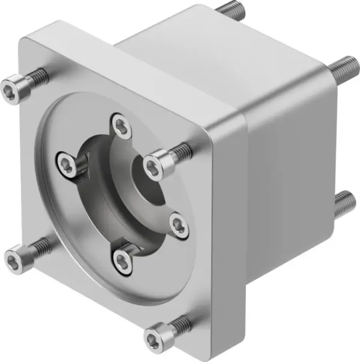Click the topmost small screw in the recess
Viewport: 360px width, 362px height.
click(x=122, y=126)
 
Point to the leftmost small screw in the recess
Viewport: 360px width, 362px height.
click(x=68, y=162)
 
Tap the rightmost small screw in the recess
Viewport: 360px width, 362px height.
click(x=179, y=225)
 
